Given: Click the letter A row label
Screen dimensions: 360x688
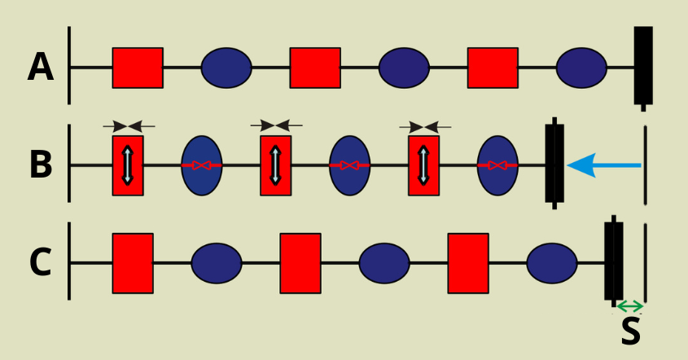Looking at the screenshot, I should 41,68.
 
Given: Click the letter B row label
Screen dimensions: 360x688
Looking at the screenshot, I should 41,165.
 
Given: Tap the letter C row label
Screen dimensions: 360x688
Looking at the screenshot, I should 41,262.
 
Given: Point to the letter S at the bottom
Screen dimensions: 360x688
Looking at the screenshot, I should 630,331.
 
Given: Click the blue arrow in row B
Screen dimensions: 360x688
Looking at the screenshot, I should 603,166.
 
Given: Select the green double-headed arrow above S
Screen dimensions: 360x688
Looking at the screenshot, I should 629,306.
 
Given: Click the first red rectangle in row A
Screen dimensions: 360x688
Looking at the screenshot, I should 138,68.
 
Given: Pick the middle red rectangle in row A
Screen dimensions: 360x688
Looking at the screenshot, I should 315,68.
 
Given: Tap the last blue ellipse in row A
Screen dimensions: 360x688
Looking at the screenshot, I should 581,68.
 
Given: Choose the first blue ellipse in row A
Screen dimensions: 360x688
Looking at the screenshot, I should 226,68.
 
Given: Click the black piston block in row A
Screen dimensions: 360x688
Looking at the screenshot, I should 643,65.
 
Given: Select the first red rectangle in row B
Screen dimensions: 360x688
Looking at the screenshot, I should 128,165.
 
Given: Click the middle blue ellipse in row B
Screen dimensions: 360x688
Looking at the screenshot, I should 349,165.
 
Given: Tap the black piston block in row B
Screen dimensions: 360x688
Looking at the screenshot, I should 554,162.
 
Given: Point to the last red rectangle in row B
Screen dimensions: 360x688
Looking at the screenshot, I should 423,165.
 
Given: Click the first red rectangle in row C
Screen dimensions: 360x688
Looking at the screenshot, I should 133,263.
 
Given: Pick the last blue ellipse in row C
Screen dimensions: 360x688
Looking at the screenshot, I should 552,263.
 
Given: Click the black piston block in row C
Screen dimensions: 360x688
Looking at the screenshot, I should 614,261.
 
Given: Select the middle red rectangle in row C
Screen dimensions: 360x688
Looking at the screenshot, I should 300,263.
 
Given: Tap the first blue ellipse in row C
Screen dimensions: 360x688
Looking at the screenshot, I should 217,263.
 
